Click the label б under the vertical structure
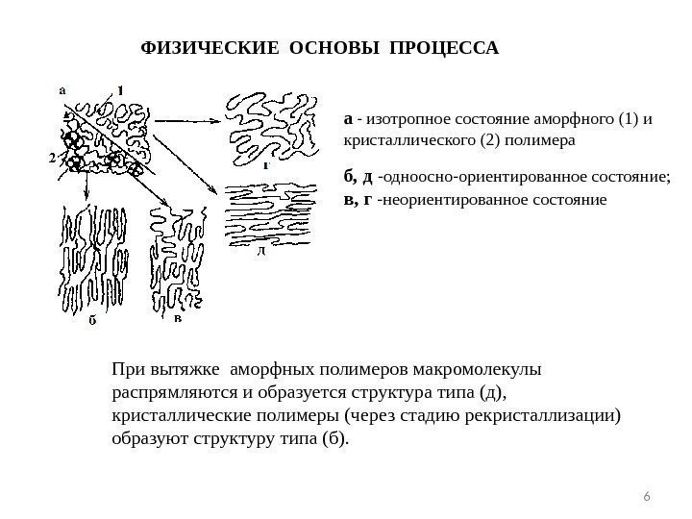click(92, 322)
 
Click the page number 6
click(647, 496)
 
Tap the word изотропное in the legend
click(398, 120)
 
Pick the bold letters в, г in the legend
click(358, 201)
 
